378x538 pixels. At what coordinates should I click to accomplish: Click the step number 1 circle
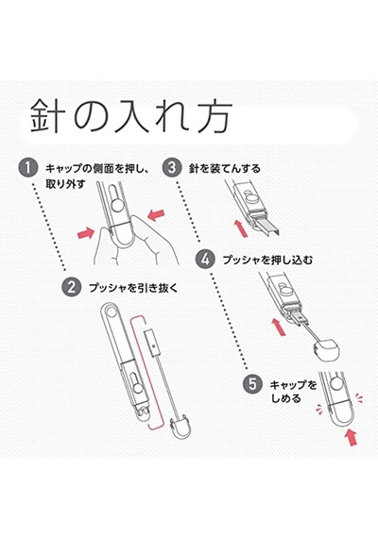point(27,168)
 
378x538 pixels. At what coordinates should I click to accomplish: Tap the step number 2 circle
point(72,287)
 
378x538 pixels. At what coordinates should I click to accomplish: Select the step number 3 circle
point(171,167)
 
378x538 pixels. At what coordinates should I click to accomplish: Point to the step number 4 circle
point(205,259)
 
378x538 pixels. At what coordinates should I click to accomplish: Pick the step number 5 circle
point(252,384)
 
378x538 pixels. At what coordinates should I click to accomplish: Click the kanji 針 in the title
point(47,116)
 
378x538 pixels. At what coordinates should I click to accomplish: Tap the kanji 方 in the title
point(213,116)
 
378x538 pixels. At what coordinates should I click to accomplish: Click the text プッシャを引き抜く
point(133,288)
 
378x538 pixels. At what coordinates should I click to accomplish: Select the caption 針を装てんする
point(224,168)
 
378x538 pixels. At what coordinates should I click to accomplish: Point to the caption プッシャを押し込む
point(267,260)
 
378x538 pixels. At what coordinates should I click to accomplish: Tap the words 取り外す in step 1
point(65,184)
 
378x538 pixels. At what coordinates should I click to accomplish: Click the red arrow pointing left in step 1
point(156,215)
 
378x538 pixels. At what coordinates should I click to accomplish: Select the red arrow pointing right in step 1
point(86,234)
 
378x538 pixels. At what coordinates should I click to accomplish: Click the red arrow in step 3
point(241,227)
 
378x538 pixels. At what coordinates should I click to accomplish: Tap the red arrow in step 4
point(279,327)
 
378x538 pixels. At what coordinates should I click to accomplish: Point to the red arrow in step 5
point(351,437)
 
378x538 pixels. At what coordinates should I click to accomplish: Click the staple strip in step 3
point(268,225)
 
